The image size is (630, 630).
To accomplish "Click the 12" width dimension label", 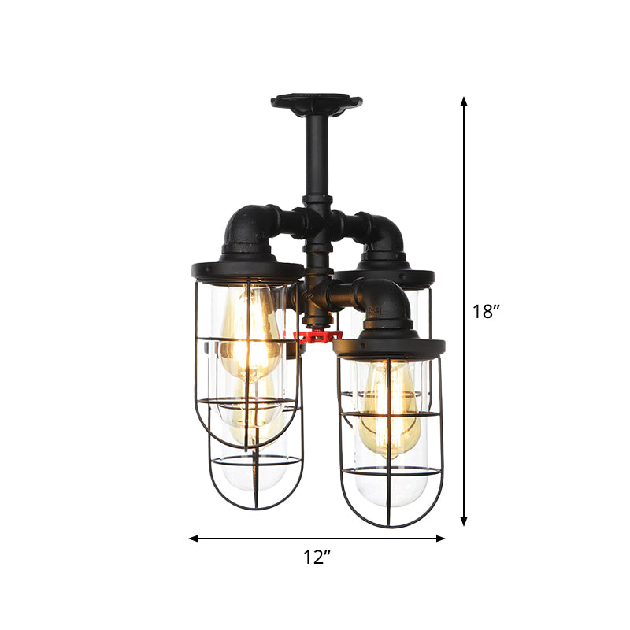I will (317, 558).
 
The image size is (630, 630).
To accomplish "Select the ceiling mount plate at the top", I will (316, 102).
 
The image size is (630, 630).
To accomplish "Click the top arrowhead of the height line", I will (464, 101).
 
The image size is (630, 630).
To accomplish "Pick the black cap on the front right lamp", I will (389, 345).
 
